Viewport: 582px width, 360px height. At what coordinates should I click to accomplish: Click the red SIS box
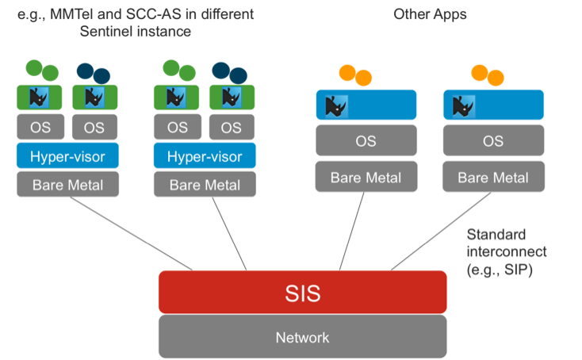(x=302, y=293)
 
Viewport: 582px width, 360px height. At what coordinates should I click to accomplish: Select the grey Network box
(x=302, y=337)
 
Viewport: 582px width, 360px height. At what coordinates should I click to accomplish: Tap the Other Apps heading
(x=430, y=14)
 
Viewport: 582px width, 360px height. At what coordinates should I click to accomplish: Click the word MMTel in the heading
(x=77, y=14)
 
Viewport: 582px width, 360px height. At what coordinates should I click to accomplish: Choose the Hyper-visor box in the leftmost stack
(x=67, y=156)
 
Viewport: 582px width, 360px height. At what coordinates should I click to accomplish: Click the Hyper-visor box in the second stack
(x=205, y=156)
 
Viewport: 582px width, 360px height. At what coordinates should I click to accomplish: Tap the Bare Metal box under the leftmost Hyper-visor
(x=67, y=185)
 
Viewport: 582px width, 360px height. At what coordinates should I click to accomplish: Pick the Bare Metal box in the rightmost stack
(x=492, y=178)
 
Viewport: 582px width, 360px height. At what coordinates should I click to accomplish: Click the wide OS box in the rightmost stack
(x=492, y=141)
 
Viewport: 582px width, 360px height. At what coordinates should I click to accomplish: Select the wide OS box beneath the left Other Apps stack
(x=366, y=141)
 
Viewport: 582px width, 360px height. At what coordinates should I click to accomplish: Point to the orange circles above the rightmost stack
(x=488, y=75)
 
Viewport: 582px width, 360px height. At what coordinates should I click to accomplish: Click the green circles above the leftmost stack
(x=42, y=70)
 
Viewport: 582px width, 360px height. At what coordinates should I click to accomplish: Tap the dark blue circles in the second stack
(x=230, y=72)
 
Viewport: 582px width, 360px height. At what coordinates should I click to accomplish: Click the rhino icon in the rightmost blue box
(x=458, y=105)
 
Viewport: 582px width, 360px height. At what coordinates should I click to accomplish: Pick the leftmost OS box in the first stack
(x=40, y=127)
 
